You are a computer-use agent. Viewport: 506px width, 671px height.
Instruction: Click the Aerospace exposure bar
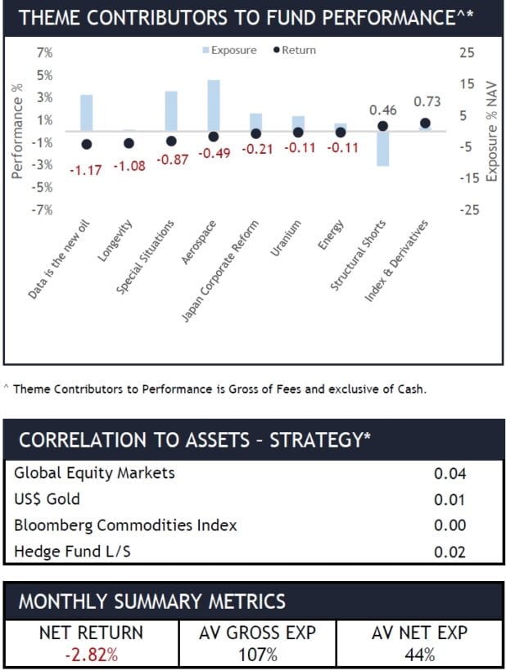[213, 106]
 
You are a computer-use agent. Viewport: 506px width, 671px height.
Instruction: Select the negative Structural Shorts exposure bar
[382, 148]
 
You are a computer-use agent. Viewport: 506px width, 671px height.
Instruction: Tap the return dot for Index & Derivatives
[425, 123]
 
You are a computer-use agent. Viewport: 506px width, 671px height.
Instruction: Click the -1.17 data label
[85, 170]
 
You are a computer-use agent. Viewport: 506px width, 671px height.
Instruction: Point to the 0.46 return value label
[383, 110]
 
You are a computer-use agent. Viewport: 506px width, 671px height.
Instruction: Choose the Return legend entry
[294, 50]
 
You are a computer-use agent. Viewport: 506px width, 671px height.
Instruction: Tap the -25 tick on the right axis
[467, 210]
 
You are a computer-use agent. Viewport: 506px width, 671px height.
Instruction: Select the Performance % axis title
[17, 131]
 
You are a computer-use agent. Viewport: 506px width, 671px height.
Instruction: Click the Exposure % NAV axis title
[491, 131]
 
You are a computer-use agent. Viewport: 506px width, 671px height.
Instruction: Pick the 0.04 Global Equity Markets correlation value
[450, 474]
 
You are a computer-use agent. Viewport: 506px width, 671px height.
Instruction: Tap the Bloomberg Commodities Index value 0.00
[450, 526]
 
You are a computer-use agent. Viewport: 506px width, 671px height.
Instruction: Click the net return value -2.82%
[91, 654]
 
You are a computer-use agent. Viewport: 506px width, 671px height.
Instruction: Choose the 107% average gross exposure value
[258, 654]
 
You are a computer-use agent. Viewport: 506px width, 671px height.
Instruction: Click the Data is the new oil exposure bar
[86, 113]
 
